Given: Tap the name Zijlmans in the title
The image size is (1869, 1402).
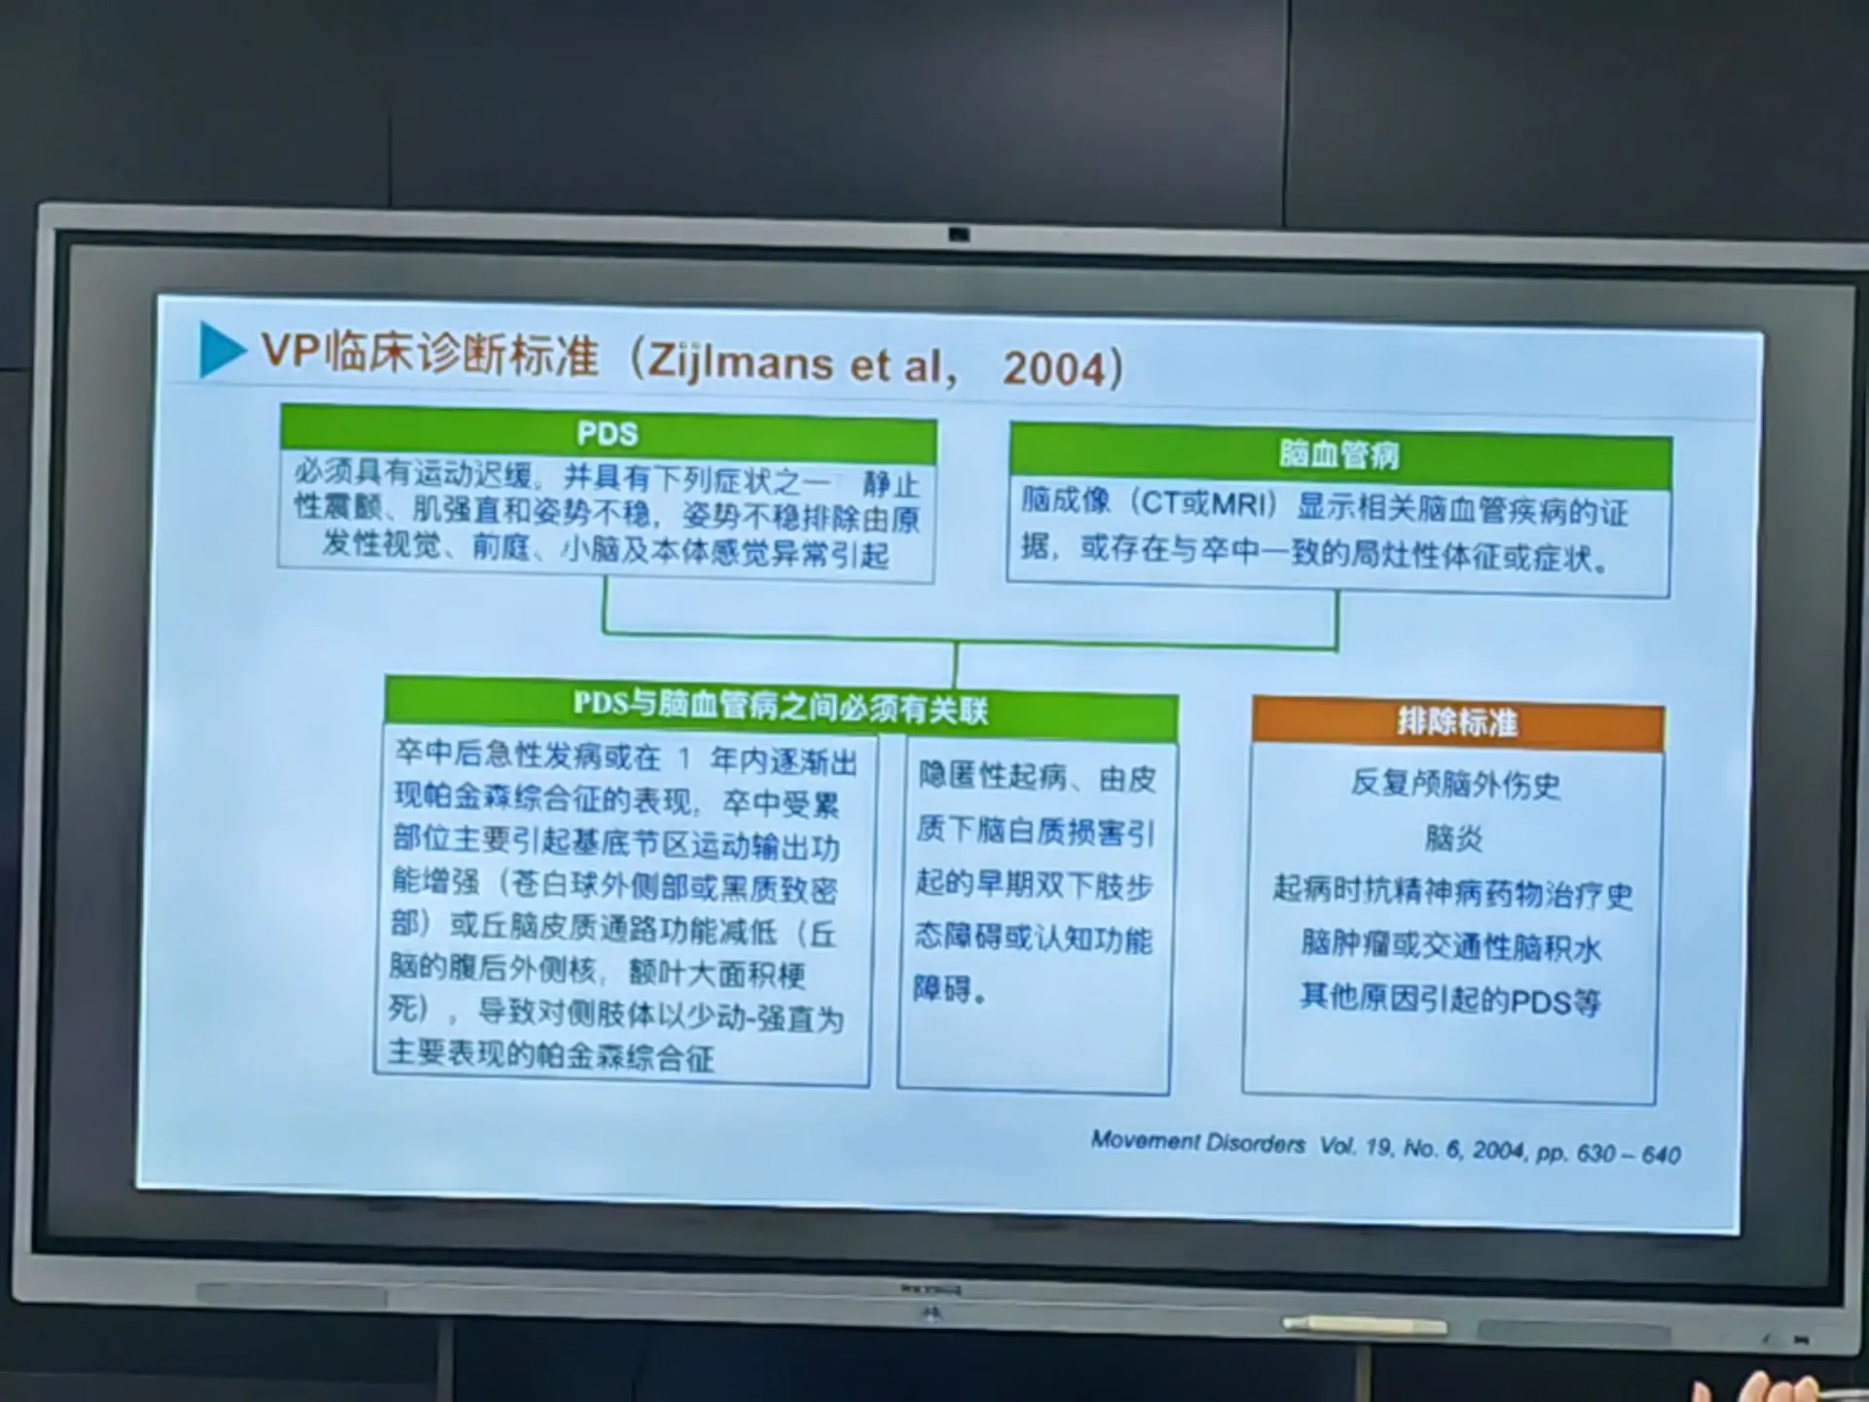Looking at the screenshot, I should (x=741, y=361).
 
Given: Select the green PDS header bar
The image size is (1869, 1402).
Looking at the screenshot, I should (x=607, y=433).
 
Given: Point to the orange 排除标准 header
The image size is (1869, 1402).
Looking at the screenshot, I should (x=1457, y=722).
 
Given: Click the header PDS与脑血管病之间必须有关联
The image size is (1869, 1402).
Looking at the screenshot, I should (x=780, y=708).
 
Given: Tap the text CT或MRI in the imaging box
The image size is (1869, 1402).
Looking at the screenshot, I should (x=1206, y=503).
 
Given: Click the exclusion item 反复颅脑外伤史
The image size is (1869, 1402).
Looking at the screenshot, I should (x=1455, y=784).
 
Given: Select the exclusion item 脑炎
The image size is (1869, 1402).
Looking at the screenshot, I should (x=1453, y=837).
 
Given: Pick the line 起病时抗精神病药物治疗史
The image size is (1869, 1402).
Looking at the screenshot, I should (x=1452, y=892).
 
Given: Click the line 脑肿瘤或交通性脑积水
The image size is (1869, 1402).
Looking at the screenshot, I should (x=1450, y=945).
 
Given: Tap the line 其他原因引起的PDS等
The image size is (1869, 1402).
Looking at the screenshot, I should (x=1449, y=999).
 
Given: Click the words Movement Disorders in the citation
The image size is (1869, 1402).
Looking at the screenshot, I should (x=1197, y=1142).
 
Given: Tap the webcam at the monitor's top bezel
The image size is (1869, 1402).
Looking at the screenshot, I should (x=959, y=236).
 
